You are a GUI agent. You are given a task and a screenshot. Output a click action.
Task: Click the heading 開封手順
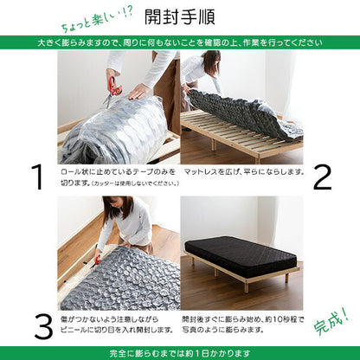click(x=180, y=17)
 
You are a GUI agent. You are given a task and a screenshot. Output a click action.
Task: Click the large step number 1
click(x=36, y=177)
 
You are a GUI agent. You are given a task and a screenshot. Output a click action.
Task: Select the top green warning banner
click(x=180, y=42)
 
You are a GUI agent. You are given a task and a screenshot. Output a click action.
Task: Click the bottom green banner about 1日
click(x=180, y=352)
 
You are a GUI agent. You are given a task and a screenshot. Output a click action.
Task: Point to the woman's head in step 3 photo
click(x=114, y=209)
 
